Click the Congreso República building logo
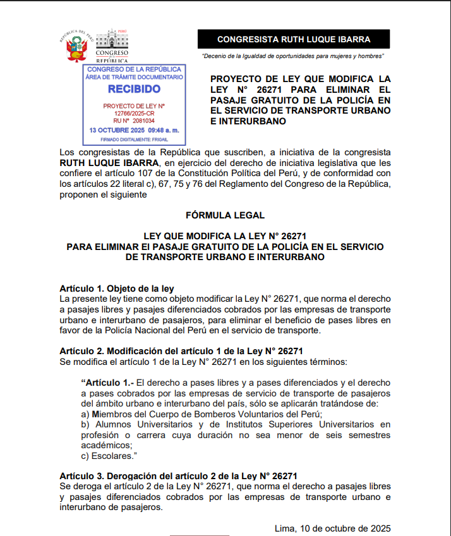(x=111, y=45)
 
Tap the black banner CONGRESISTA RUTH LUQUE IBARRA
(x=294, y=39)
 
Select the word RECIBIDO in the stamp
(x=134, y=89)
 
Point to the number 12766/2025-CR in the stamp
(x=134, y=113)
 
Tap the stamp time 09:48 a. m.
(x=165, y=129)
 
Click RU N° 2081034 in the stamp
(x=134, y=120)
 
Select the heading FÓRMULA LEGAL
(x=225, y=215)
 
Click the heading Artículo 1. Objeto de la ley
(x=116, y=289)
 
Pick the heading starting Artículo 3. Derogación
(x=178, y=475)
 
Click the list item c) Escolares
(x=110, y=456)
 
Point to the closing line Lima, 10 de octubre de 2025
(x=332, y=528)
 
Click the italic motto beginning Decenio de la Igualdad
(x=293, y=57)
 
